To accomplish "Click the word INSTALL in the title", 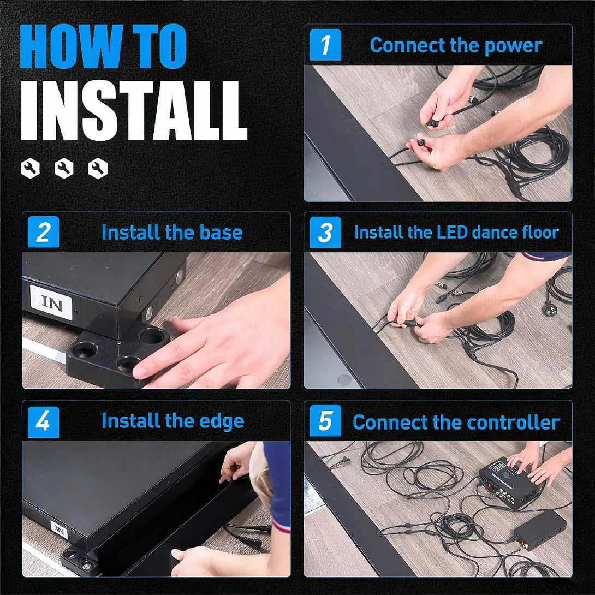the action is pyautogui.click(x=134, y=110).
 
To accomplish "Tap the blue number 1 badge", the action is pyautogui.click(x=325, y=45).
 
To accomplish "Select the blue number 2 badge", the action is pyautogui.click(x=43, y=232).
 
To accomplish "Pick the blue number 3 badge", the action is pyautogui.click(x=325, y=232).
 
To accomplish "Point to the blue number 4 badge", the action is pyautogui.click(x=43, y=422).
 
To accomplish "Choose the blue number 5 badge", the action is pyautogui.click(x=325, y=421).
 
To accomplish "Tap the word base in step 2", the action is pyautogui.click(x=221, y=232).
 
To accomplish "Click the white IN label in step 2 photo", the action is pyautogui.click(x=51, y=302).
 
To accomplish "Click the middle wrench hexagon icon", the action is pyautogui.click(x=64, y=168).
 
